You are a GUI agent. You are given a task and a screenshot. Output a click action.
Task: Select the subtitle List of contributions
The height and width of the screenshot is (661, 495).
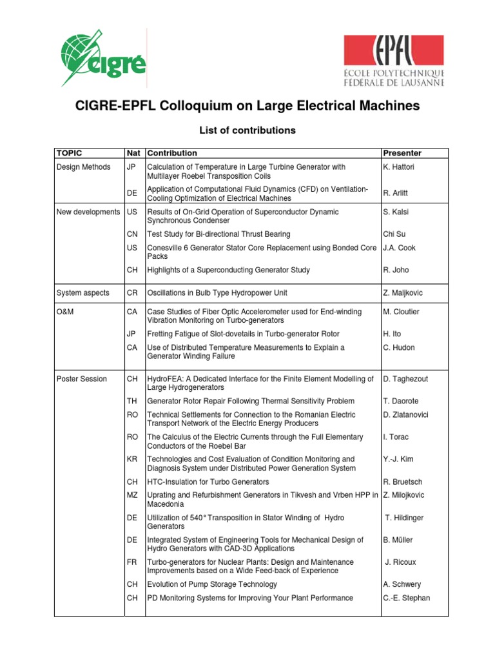(247, 130)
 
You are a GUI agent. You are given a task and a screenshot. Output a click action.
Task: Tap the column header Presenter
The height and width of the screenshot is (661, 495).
(402, 154)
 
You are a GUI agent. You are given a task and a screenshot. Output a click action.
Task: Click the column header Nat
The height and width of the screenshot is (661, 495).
(134, 154)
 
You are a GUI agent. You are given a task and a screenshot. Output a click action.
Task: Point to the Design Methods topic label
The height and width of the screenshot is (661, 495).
(83, 167)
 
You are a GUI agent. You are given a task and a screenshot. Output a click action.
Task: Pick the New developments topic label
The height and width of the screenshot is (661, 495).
(88, 212)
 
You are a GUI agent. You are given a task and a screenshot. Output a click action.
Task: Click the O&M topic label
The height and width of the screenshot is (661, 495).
(66, 312)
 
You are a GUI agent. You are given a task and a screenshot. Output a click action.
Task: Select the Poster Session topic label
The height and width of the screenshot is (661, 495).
(82, 379)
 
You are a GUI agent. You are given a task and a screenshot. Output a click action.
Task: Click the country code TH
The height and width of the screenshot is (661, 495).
(133, 401)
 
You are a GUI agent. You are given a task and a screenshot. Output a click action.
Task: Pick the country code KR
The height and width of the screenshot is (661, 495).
(133, 460)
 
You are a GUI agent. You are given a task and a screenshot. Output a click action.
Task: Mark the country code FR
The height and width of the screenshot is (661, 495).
(133, 562)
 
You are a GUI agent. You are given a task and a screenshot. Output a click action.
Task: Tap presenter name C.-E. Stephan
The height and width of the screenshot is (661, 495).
(406, 598)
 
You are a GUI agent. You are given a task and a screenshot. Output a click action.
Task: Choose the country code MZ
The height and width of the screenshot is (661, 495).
(133, 495)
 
